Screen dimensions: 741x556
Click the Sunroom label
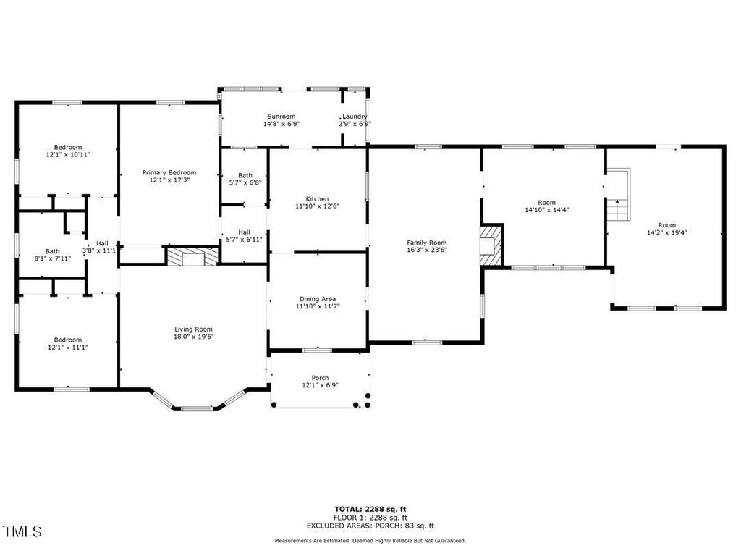(281, 117)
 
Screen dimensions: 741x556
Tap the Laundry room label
(355, 117)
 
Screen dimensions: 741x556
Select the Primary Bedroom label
(169, 172)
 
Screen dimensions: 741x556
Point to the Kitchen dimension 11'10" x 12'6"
(317, 206)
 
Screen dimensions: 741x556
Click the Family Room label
(427, 243)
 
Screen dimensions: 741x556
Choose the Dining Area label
(318, 299)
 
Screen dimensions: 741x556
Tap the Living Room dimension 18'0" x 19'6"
(193, 337)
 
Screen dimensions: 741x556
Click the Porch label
(320, 378)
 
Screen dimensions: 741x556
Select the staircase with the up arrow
(619, 194)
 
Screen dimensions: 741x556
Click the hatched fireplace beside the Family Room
(491, 245)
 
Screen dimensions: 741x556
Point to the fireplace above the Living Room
(192, 256)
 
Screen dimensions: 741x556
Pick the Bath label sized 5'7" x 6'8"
(245, 175)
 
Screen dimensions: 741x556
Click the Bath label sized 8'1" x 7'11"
(52, 251)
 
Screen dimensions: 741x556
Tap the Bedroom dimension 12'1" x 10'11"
(68, 155)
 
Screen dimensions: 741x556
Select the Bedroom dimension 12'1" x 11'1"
(68, 347)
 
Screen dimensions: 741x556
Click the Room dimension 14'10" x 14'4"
(547, 209)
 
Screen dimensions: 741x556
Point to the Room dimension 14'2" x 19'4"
(666, 232)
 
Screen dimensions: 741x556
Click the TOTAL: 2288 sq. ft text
(370, 509)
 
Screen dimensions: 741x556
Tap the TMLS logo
(22, 531)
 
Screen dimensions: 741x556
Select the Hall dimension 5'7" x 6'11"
(245, 239)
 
